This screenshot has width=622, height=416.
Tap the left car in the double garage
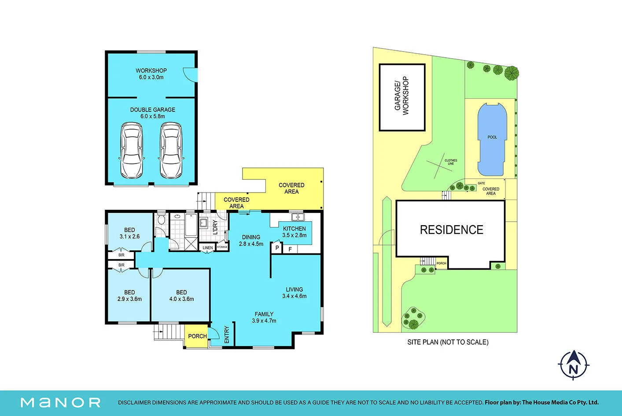[132, 150]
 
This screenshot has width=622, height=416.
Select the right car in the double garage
[171, 150]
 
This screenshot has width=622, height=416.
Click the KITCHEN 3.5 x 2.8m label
[294, 232]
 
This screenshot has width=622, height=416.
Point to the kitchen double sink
[298, 217]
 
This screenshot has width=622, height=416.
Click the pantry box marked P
[277, 248]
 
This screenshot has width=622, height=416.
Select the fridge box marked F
[290, 249]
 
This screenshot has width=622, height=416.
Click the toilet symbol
[161, 219]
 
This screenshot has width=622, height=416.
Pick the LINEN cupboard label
[208, 248]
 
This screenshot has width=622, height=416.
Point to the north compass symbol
[574, 365]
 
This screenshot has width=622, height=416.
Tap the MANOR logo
[60, 403]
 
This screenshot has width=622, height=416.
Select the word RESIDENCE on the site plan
[452, 230]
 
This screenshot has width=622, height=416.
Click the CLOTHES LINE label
[451, 162]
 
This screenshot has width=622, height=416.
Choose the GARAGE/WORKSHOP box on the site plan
[402, 97]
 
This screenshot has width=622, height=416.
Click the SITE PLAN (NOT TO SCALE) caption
[448, 342]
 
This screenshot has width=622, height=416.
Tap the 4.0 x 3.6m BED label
[182, 296]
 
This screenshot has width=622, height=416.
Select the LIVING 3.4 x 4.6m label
[294, 293]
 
